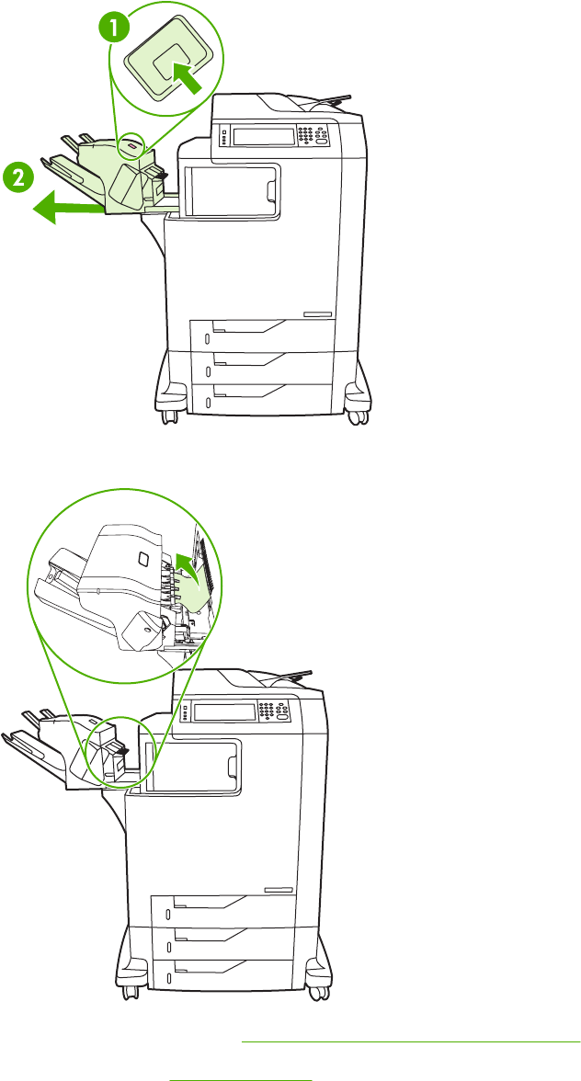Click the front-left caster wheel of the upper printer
pos(167,415)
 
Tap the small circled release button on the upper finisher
pos(132,145)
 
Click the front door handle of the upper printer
pos(271,189)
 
